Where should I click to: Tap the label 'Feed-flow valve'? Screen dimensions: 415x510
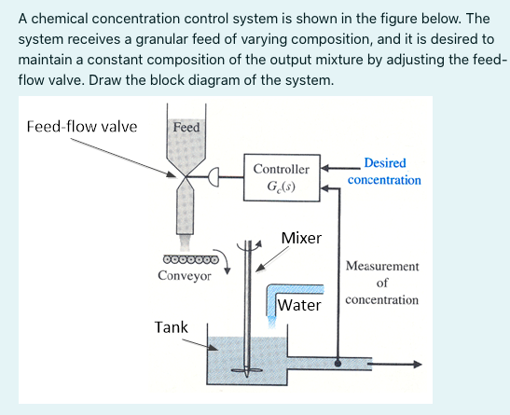82,126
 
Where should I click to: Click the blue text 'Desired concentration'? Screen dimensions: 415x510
384,172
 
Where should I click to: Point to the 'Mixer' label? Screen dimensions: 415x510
301,238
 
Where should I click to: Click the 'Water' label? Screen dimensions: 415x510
299,305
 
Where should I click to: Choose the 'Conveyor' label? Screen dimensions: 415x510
185,276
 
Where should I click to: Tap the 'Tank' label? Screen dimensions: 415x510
171,327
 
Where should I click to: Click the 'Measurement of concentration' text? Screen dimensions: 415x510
381,284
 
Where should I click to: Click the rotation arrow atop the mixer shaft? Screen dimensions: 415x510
250,244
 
